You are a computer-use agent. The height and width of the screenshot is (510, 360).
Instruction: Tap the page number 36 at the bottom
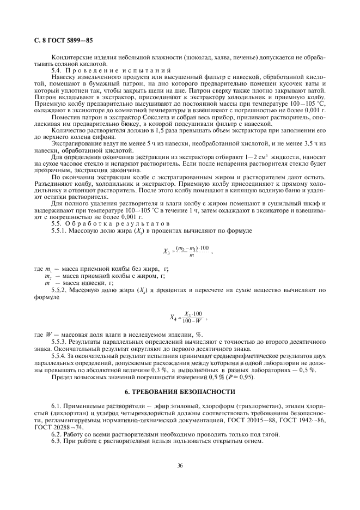click(180, 464)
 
